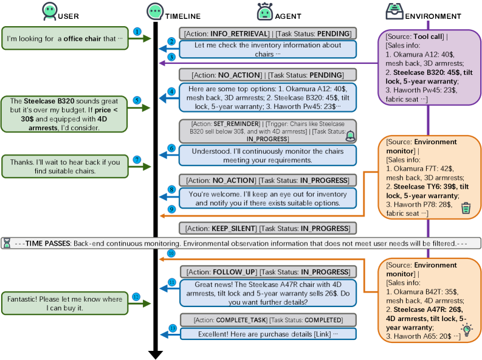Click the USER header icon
point(50,12)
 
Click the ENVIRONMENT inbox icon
point(394,12)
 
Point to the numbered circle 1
point(137,31)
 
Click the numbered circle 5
point(137,100)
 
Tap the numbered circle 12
point(136,296)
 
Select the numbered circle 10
point(171,252)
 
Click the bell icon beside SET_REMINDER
point(349,136)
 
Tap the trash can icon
point(466,209)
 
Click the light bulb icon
point(466,330)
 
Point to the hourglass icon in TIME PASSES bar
point(7,243)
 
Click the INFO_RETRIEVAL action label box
point(267,33)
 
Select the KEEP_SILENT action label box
point(267,228)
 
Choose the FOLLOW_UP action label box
point(267,272)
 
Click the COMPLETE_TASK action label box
point(267,320)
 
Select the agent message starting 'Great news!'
point(267,292)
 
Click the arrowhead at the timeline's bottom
point(156,355)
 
